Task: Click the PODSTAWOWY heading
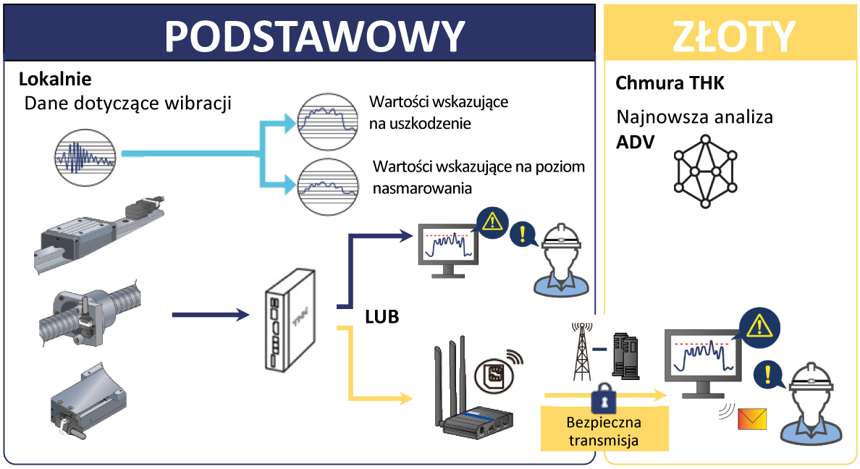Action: (314, 35)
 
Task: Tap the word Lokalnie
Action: (54, 79)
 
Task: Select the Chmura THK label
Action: (670, 83)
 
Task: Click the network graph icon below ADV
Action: (706, 171)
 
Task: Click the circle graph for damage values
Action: (329, 121)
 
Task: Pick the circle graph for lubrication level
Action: (329, 187)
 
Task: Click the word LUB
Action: (381, 317)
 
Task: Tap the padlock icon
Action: (603, 400)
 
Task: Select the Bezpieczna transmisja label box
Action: (604, 428)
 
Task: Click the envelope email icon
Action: (752, 419)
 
